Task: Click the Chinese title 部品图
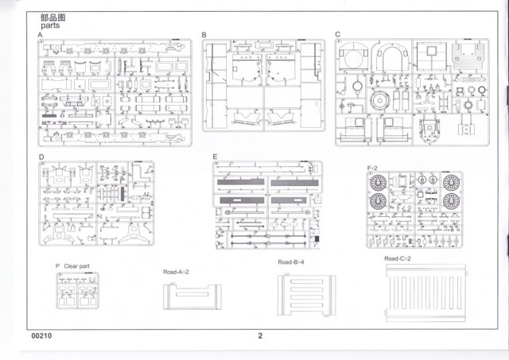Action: (51, 16)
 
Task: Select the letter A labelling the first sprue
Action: (40, 36)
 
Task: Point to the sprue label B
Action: (204, 35)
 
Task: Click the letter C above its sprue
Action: (338, 35)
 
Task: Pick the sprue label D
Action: (41, 157)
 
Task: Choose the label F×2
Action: (374, 168)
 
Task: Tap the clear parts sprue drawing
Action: (76, 292)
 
